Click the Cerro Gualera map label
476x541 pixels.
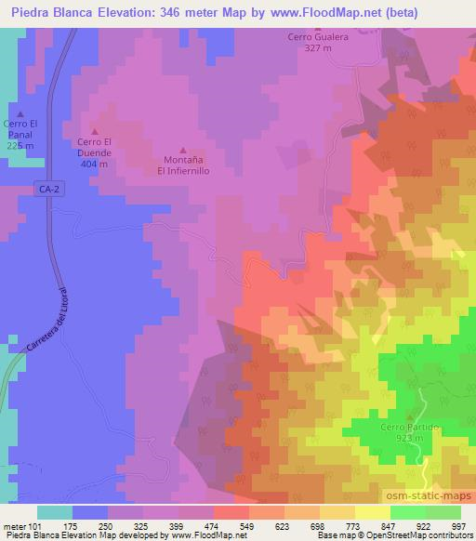coord(318,36)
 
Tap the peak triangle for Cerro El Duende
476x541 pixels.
coord(94,131)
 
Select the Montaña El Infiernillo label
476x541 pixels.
coord(182,165)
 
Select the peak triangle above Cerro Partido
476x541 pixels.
coord(409,416)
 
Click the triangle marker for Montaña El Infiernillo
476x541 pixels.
coord(182,149)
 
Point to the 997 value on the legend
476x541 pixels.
coord(456,499)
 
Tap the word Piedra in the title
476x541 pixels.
coord(32,12)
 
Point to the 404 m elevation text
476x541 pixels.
coord(94,164)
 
